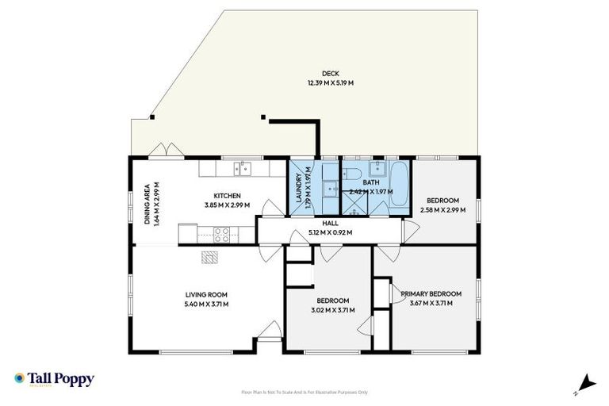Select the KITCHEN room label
(x=227, y=196)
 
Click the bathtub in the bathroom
(x=399, y=185)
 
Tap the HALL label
(x=329, y=224)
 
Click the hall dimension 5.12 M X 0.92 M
(x=329, y=232)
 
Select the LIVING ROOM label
(x=206, y=294)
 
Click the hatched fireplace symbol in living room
(x=209, y=257)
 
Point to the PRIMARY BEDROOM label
(x=431, y=294)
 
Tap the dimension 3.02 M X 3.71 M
(x=333, y=309)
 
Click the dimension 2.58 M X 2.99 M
(x=442, y=210)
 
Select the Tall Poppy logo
(x=54, y=379)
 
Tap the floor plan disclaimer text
(x=304, y=392)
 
